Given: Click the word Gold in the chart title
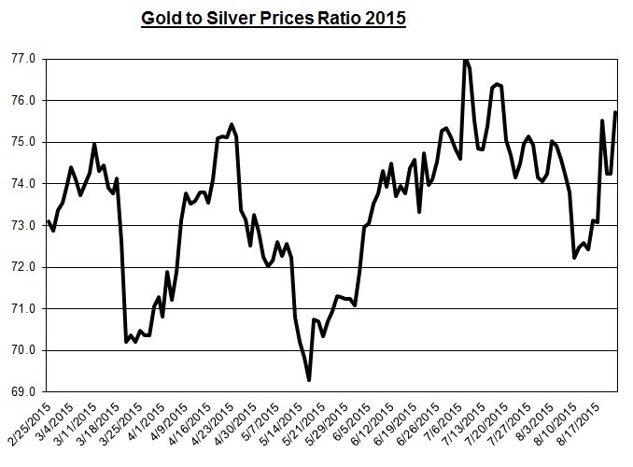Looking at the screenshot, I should point(161,18).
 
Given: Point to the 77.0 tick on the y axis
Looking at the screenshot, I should point(23,59).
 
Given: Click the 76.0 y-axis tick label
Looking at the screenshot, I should point(23,101).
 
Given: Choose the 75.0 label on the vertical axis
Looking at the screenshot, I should point(23,142).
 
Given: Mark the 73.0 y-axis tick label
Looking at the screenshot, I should point(23,225).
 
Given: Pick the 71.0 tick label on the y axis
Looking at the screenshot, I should point(23,309).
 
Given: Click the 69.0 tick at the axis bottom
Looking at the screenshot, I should point(23,391).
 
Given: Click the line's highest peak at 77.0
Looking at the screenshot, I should point(465,60).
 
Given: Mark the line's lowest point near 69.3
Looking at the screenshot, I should point(308,379).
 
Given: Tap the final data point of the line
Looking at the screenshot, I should point(615,113).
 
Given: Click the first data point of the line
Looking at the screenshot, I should point(48,221).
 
